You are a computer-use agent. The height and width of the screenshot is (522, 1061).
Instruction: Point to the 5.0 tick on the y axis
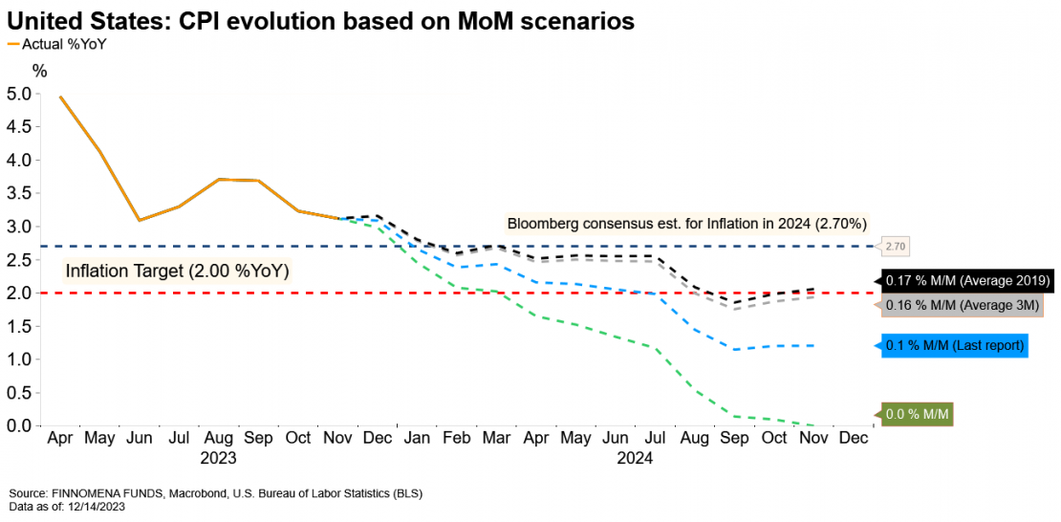click(x=18, y=94)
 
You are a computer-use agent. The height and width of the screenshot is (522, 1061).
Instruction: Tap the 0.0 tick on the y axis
click(x=18, y=425)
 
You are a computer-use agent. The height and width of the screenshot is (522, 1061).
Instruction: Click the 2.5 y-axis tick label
click(x=18, y=259)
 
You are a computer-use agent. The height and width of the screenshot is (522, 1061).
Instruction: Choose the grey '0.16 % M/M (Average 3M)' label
click(x=961, y=306)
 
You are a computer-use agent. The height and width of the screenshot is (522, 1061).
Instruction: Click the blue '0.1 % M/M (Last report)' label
click(x=953, y=346)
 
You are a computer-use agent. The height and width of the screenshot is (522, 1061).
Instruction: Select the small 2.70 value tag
click(x=895, y=247)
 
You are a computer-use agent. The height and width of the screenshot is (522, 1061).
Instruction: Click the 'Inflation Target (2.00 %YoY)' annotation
click(x=177, y=271)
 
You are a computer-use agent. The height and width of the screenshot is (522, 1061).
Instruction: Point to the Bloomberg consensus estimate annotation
click(x=686, y=224)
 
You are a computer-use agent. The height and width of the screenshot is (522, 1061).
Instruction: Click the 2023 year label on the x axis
click(x=218, y=458)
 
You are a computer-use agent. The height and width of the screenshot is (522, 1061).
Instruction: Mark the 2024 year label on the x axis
click(x=634, y=458)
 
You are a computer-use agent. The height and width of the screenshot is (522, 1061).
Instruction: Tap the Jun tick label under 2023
click(x=140, y=438)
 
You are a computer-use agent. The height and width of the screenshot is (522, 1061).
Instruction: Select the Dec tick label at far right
click(x=853, y=438)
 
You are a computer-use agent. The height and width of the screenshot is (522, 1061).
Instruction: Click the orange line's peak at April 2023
click(x=60, y=97)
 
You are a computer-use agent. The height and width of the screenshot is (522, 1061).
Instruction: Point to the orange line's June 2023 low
click(x=140, y=220)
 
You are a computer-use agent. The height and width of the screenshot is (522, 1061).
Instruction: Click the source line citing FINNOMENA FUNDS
click(x=214, y=493)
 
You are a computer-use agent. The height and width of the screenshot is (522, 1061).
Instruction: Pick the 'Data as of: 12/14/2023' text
click(x=66, y=507)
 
